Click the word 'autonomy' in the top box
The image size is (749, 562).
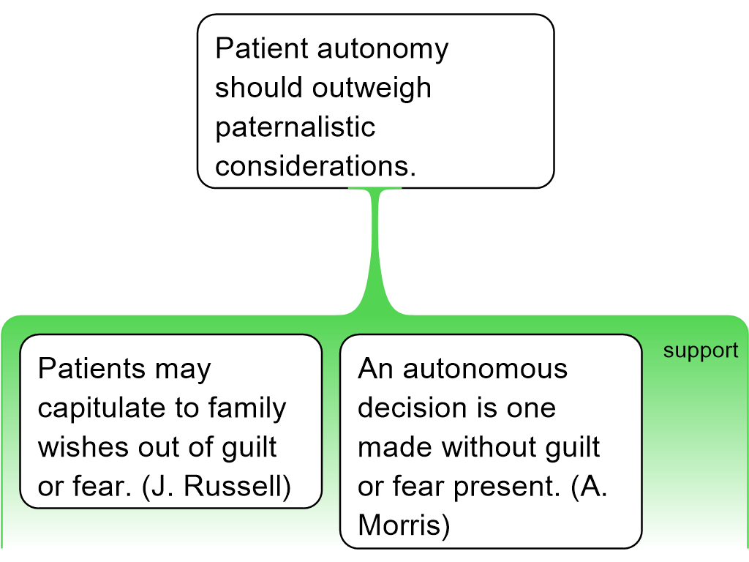coord(383,49)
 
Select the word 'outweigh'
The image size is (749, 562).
coord(372,89)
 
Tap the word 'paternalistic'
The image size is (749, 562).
coord(295,127)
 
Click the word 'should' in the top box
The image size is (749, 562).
coord(258,89)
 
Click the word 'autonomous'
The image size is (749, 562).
coord(486,369)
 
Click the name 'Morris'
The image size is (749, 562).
coord(403,525)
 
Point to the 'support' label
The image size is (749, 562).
coord(700,351)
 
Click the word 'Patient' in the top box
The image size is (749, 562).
coord(260,49)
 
